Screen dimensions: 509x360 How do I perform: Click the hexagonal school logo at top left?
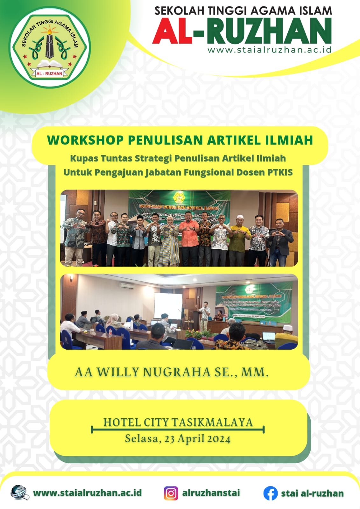(50, 48)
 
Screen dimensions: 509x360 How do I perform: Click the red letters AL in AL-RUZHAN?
(172, 31)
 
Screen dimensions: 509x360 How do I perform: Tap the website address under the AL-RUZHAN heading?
(269, 50)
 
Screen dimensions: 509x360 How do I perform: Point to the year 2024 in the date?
(219, 439)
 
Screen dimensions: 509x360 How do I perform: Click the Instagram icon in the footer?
(171, 493)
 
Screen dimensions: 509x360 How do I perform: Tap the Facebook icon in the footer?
(270, 493)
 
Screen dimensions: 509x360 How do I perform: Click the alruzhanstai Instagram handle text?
(211, 493)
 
